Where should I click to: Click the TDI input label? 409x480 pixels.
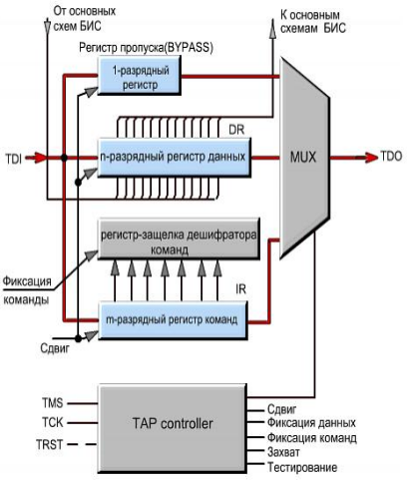(x=14, y=159)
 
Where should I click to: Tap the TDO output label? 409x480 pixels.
(x=391, y=157)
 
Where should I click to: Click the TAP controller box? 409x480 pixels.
(x=172, y=429)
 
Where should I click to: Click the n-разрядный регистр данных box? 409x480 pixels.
(x=174, y=158)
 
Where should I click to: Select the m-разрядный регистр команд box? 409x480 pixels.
(x=173, y=320)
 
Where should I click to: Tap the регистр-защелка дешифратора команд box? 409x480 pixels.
(x=179, y=239)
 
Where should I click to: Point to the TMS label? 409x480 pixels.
(x=53, y=403)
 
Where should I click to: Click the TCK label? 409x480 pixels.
(x=53, y=422)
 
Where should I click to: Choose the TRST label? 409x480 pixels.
(x=50, y=444)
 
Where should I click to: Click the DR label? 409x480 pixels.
(x=236, y=130)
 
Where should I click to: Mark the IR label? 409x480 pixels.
(x=240, y=289)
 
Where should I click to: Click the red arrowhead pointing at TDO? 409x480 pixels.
(x=371, y=157)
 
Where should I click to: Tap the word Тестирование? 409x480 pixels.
(x=302, y=468)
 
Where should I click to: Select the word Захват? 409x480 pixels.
(x=283, y=452)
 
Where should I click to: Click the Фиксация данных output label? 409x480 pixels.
(x=311, y=423)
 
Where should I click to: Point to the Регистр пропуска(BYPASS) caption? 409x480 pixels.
(x=146, y=48)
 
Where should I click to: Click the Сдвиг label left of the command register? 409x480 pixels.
(x=55, y=348)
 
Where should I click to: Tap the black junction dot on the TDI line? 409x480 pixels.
(x=64, y=158)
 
